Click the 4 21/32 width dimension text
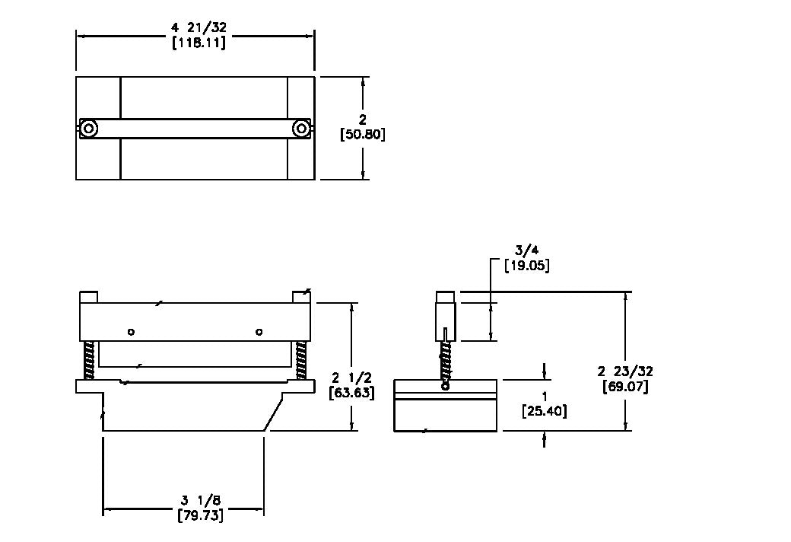pos(199,28)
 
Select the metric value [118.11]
pos(199,42)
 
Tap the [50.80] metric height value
pos(362,135)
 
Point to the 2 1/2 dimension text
pos(351,378)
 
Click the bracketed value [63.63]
pos(351,393)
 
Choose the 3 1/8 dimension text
pos(201,501)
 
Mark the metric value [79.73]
pos(201,515)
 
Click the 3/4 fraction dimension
pos(526,250)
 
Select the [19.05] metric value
pos(527,265)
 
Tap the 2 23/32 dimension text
pos(625,371)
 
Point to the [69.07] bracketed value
pos(625,387)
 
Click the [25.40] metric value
pos(545,411)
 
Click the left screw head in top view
pos(89,129)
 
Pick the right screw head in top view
pos(301,129)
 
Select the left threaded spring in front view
pos(89,361)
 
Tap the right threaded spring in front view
pos(301,361)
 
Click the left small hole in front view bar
pos(131,332)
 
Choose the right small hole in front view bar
pos(259,332)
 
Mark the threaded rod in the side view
pos(446,361)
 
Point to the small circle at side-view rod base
pos(446,387)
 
